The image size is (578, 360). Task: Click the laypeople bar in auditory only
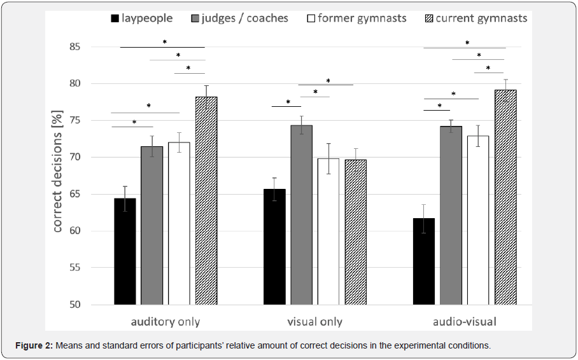[x=125, y=251]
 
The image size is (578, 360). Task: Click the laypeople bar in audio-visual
[x=423, y=261]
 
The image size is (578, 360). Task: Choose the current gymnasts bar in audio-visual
[x=505, y=197]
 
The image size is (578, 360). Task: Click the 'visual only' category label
[x=314, y=322]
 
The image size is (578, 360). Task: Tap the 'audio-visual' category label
[x=464, y=322]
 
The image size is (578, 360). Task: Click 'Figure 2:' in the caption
[x=34, y=346]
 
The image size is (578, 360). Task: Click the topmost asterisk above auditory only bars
[x=164, y=42]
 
